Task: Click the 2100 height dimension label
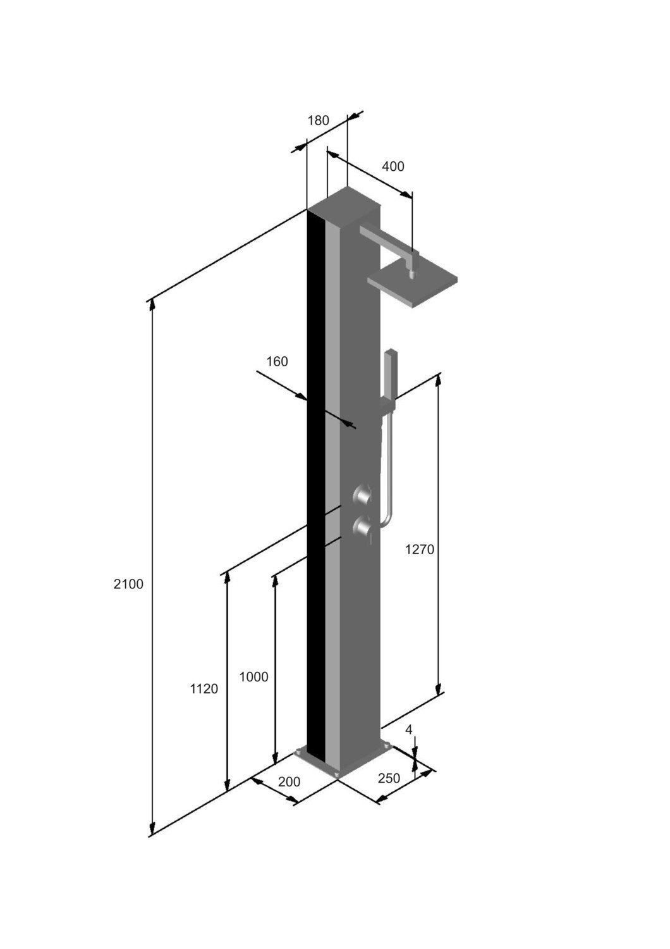coord(128,584)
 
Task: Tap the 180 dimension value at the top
coord(318,121)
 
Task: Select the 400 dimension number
coord(393,166)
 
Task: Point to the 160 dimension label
coord(277,361)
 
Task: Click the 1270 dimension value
coord(420,550)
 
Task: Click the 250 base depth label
coord(389,778)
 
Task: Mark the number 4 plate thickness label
coord(408,729)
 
